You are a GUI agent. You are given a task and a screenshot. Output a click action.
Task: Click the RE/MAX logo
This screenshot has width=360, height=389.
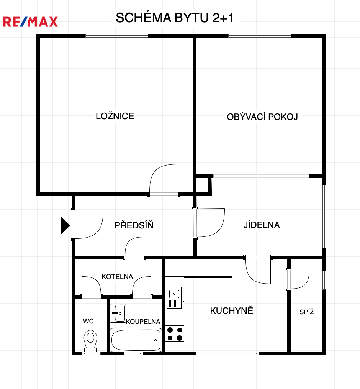pos(30,21)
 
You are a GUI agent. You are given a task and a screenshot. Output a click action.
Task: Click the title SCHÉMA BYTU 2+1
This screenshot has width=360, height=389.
pos(175,18)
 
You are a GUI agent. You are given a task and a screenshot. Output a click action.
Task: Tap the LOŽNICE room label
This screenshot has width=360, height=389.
pos(115,116)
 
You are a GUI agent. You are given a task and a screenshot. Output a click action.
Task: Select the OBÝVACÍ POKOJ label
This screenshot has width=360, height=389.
pos(262,117)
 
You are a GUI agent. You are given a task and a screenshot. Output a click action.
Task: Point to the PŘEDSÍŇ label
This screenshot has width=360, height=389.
pos(134,225)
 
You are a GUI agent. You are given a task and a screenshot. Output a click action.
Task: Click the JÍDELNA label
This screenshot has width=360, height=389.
pos(262,225)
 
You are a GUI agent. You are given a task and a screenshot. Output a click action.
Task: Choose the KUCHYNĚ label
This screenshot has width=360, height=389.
pos(232,310)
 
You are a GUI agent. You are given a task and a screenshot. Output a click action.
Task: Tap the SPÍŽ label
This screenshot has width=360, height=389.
pos(307,312)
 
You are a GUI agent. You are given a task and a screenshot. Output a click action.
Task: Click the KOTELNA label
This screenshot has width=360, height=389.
pos(117,277)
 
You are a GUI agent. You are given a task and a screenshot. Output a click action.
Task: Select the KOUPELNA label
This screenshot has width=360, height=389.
pos(143,322)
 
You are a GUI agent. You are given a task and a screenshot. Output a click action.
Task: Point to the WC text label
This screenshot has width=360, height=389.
pos(88,321)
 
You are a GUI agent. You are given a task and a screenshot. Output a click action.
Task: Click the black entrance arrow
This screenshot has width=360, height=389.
pos(65,225)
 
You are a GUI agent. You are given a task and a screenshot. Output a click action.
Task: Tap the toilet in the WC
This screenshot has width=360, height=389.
pos(90,341)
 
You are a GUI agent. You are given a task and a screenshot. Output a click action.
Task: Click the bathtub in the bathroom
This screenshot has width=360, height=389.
pos(136,340)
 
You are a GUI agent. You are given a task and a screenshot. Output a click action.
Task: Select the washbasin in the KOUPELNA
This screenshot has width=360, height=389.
pos(118,313)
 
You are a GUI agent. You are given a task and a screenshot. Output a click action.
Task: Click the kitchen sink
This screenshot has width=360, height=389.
pos(174,298)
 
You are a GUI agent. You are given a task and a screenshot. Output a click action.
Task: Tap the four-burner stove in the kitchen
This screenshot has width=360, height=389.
pos(175,334)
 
